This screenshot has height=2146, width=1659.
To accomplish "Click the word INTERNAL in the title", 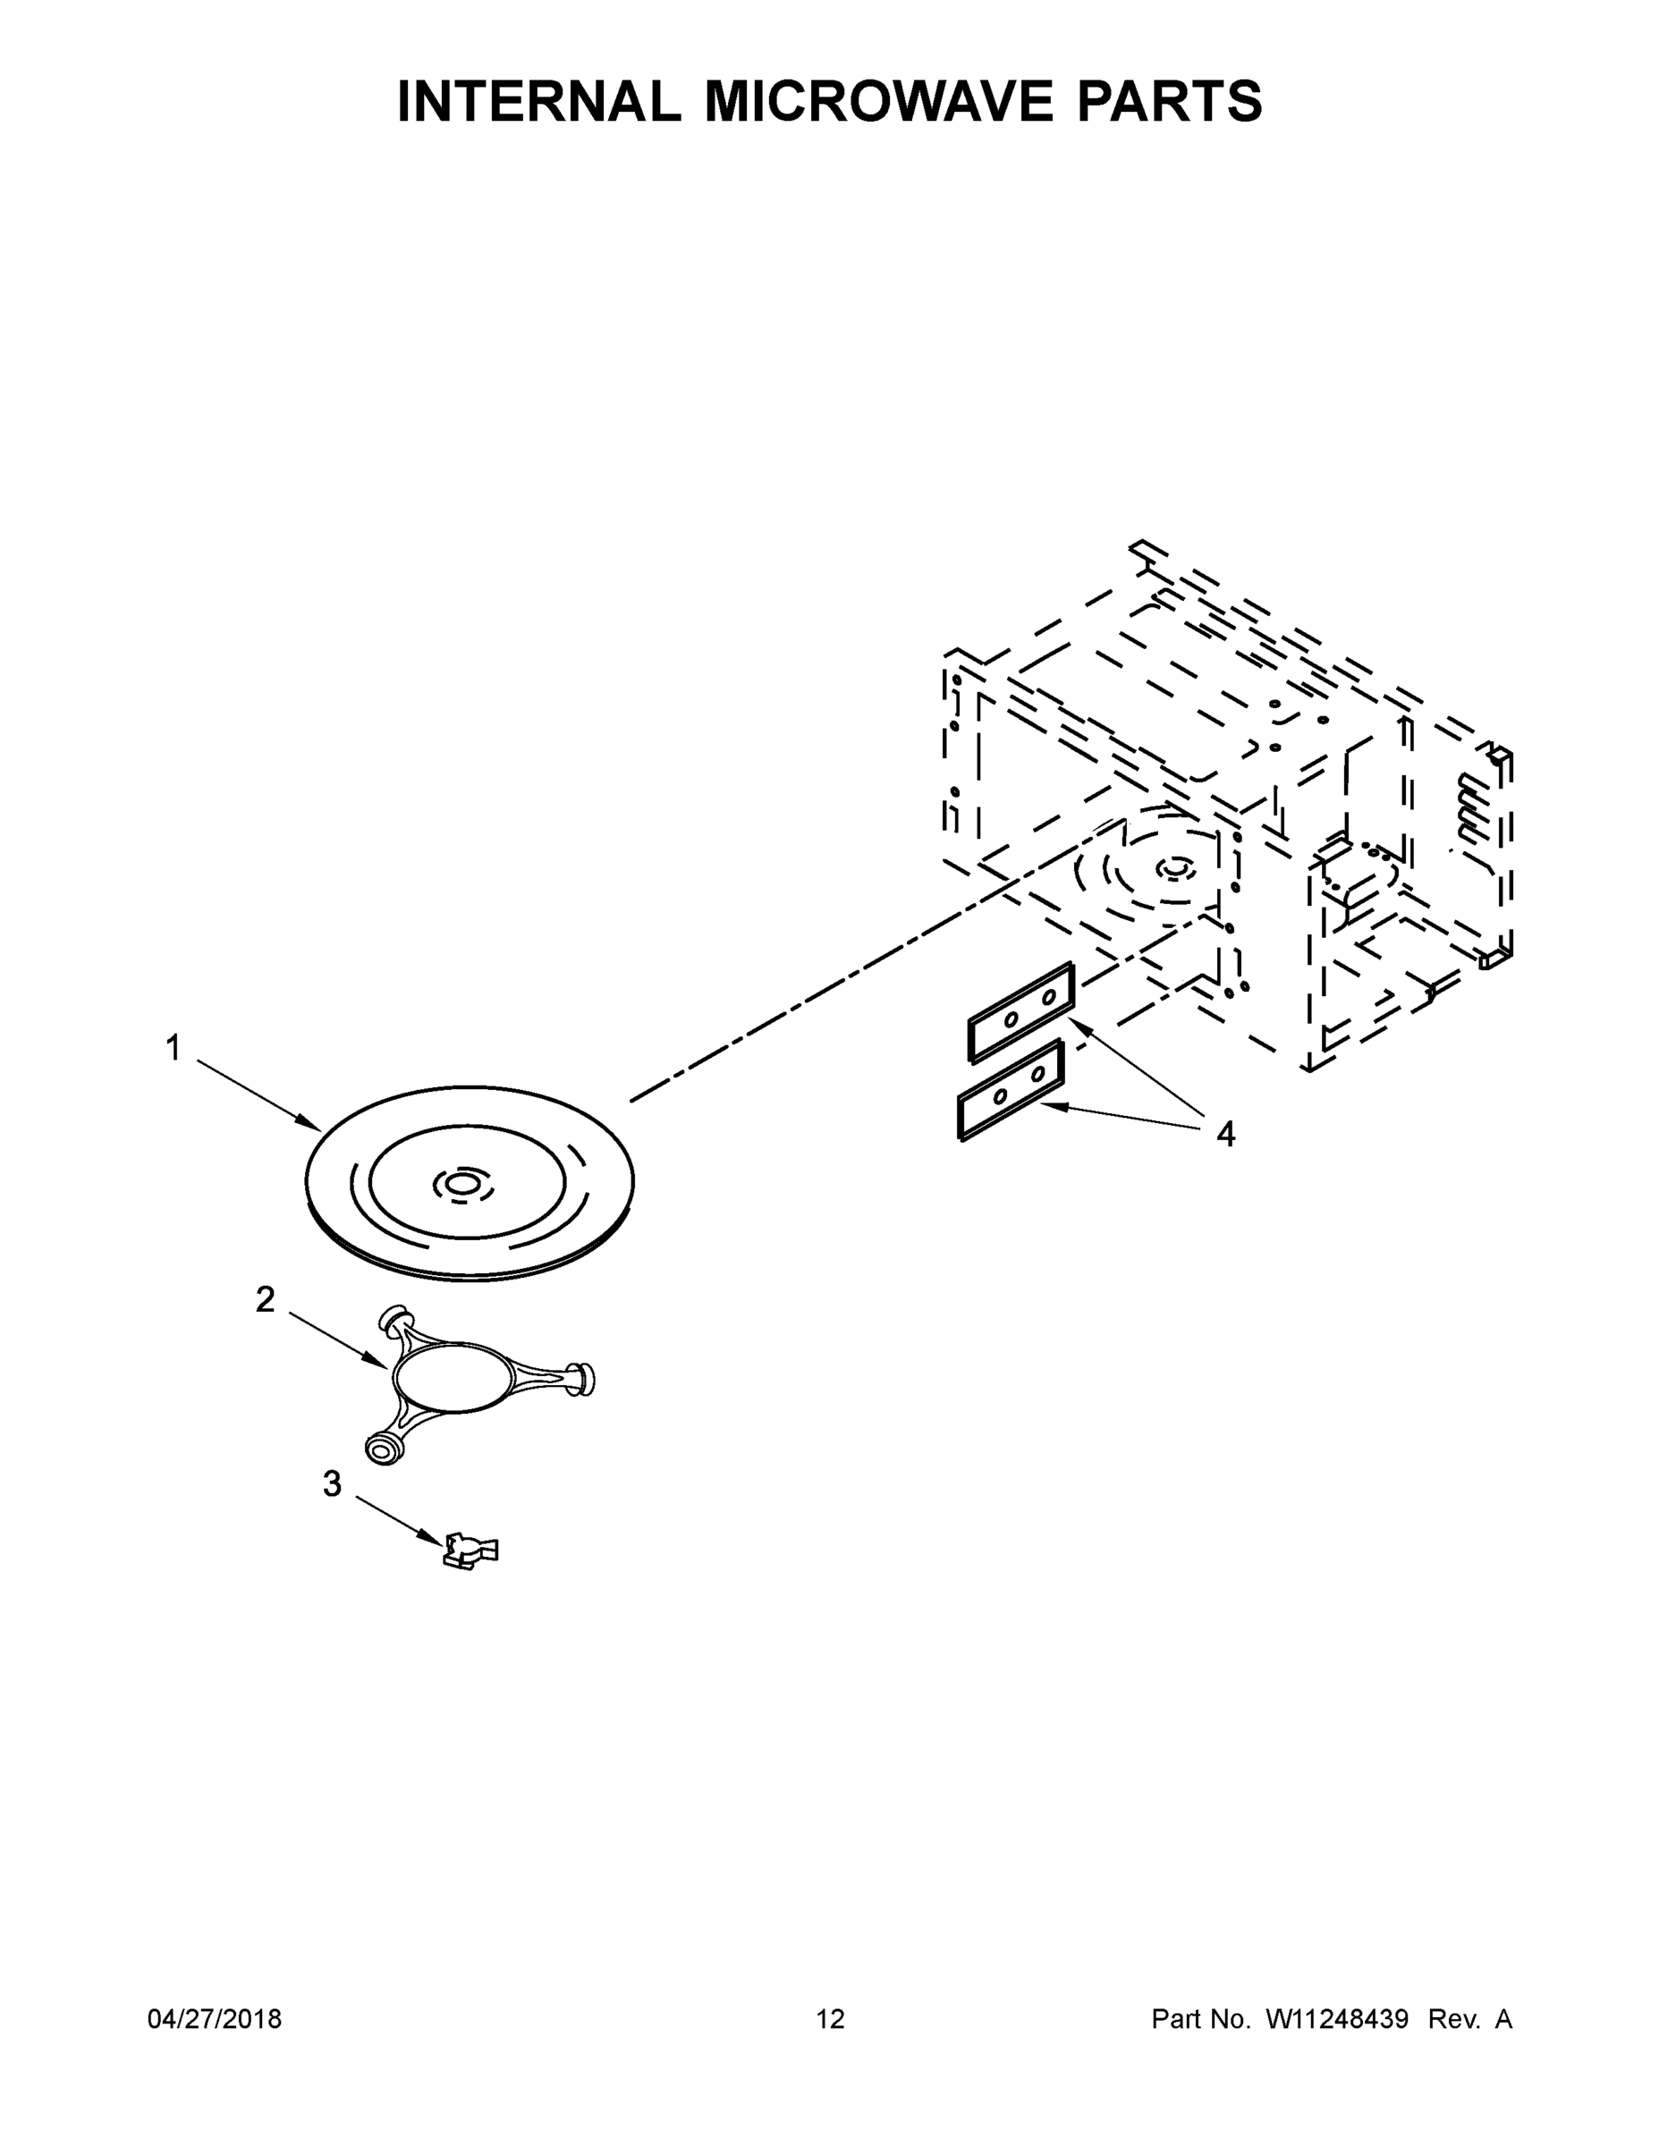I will coord(538,101).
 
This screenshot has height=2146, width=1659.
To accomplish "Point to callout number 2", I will coord(266,1300).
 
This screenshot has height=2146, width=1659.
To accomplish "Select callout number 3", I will coord(332,1483).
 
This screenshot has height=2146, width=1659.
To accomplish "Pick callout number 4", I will coord(1224,1134).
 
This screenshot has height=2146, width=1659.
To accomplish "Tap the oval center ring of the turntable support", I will coord(451,1378).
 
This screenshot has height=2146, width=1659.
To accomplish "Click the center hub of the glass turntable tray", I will coord(461,1186).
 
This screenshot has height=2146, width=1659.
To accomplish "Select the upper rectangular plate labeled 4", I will coord(1021,1011).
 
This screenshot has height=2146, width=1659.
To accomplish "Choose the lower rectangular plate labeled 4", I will coord(1011,1090).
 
